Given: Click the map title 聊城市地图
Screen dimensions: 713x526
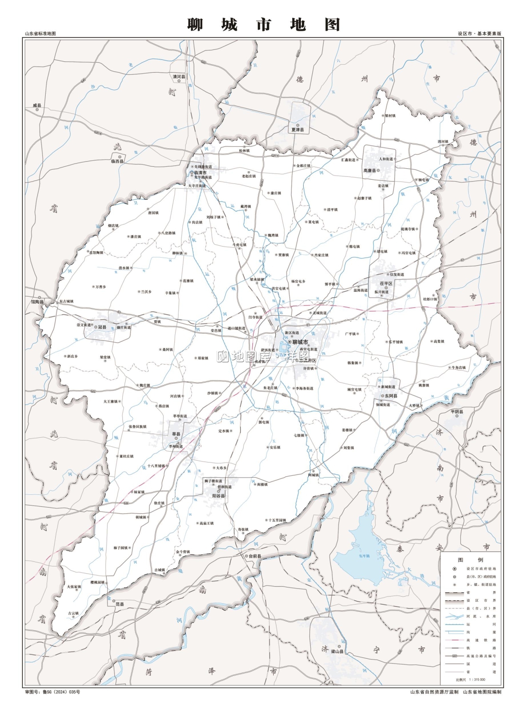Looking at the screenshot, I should (x=263, y=24).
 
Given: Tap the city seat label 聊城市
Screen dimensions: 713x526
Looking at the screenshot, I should (x=300, y=342).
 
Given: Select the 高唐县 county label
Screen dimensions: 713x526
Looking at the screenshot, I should (x=369, y=170).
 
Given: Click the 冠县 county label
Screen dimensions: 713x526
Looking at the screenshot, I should (x=102, y=327).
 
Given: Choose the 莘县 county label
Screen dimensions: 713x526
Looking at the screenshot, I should (x=177, y=434).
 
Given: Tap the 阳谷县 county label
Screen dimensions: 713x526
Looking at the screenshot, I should (x=218, y=495).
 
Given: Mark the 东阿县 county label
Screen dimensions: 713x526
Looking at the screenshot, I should (x=390, y=395).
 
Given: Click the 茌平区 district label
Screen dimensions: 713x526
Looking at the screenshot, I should (x=386, y=283).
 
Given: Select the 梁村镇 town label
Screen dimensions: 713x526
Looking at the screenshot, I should (x=390, y=116).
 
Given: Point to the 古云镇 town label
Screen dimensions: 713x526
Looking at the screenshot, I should (x=74, y=613).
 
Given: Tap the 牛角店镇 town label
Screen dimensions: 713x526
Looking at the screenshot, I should (x=458, y=367).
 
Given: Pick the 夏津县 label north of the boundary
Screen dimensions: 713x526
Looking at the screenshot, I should (x=298, y=129).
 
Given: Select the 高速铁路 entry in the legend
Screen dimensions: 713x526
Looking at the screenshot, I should (x=481, y=640).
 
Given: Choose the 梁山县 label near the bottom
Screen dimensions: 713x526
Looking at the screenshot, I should (x=338, y=651).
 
